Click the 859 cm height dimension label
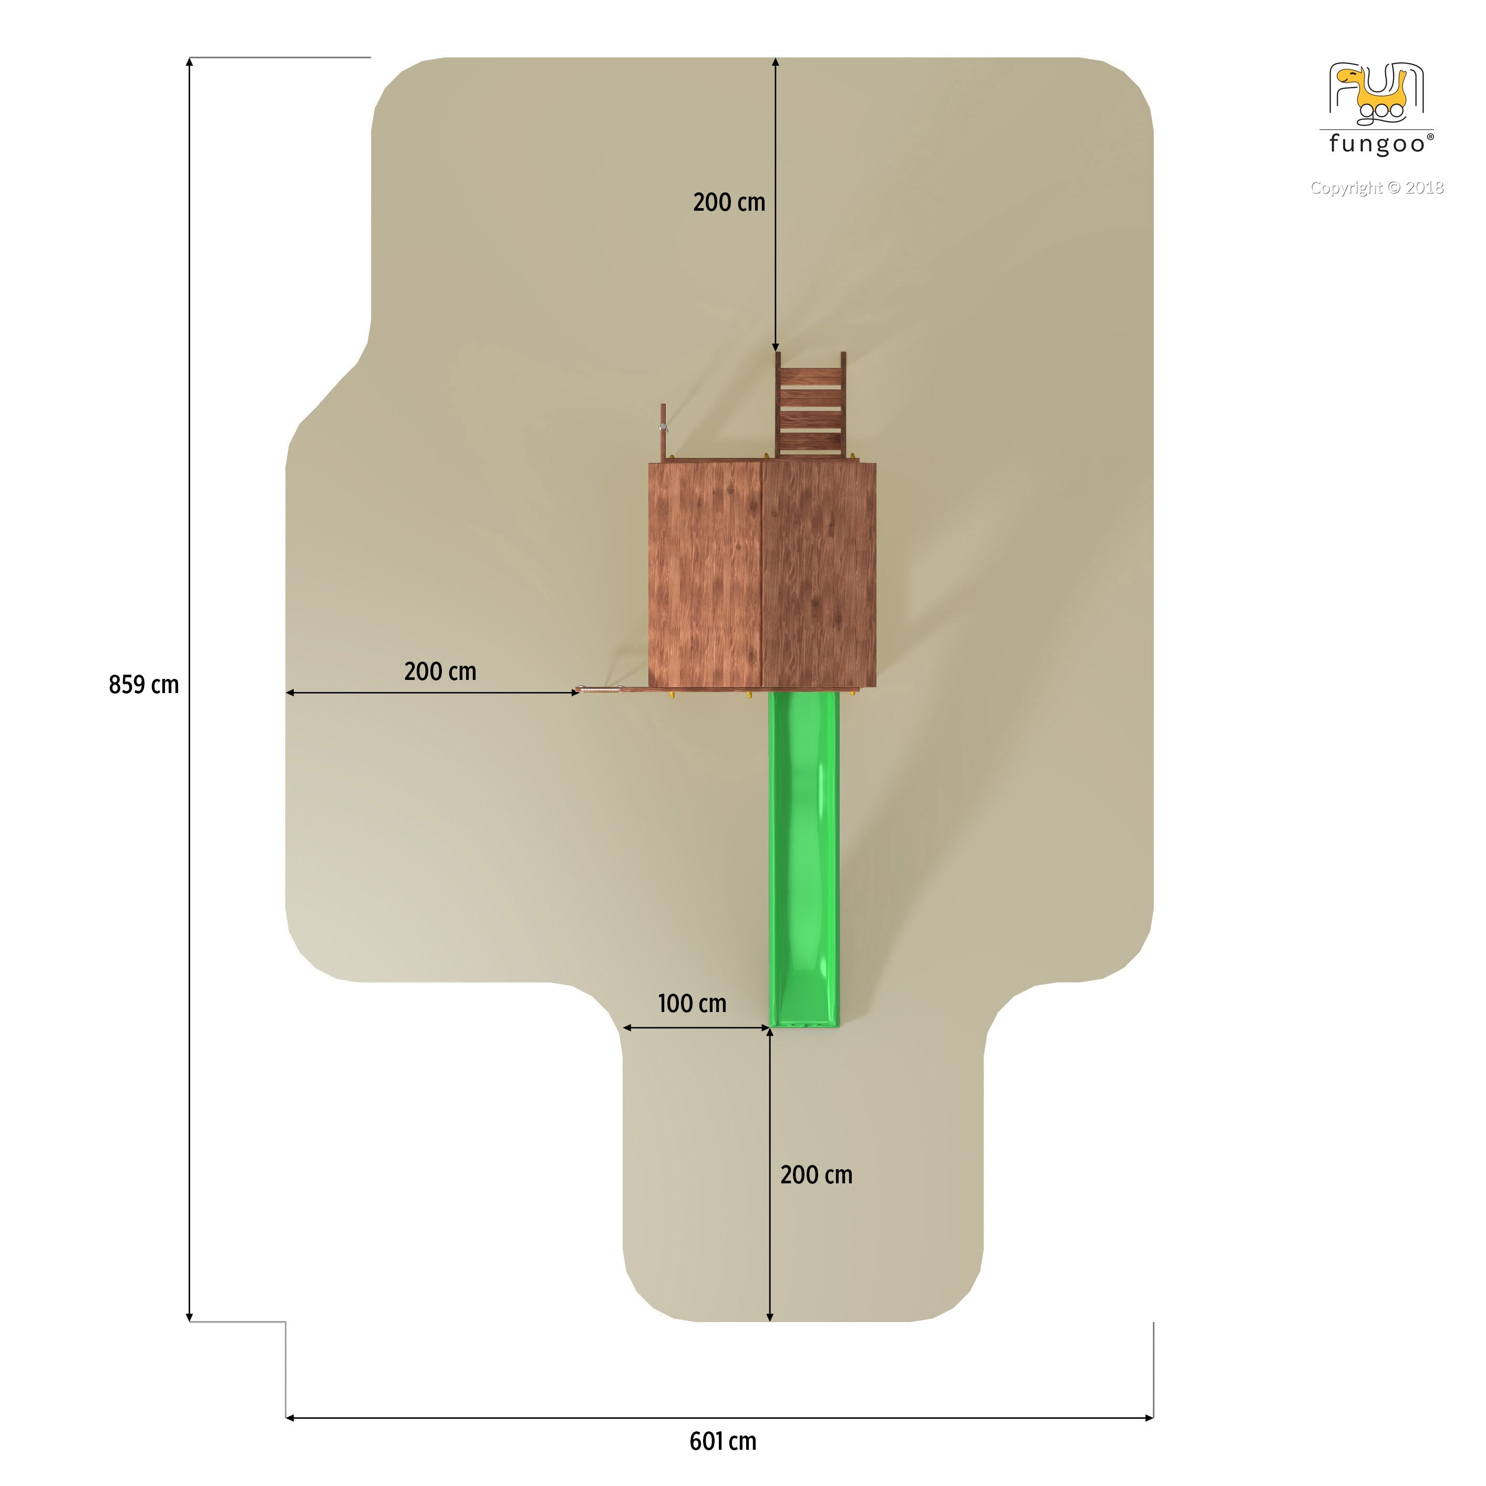click(144, 685)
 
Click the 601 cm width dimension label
click(723, 1441)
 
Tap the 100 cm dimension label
click(692, 1003)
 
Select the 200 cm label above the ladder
click(729, 202)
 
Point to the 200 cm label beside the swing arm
click(440, 672)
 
